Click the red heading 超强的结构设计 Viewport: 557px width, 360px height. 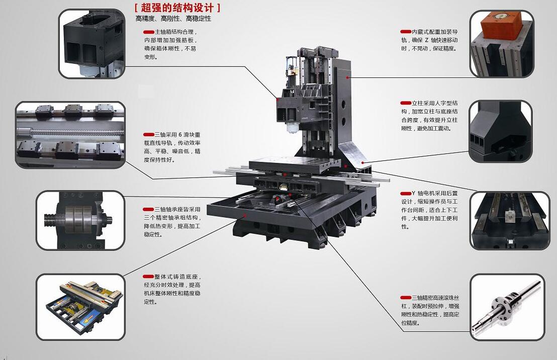(x=177, y=8)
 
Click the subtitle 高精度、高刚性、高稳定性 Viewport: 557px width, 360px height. (x=173, y=19)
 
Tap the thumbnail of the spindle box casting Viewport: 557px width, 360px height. (x=91, y=44)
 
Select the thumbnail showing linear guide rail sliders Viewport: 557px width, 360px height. (x=70, y=134)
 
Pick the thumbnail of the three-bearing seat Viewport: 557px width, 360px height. (x=80, y=220)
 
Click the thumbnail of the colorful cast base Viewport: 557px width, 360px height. (x=80, y=306)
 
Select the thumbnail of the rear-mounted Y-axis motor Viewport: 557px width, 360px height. (x=509, y=220)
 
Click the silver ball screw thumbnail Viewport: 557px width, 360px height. (x=507, y=306)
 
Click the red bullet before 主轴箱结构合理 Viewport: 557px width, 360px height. (x=148, y=32)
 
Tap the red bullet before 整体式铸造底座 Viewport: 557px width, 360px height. (x=148, y=277)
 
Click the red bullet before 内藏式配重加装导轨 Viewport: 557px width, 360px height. (x=406, y=32)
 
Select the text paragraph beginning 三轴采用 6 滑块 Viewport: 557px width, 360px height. (x=172, y=147)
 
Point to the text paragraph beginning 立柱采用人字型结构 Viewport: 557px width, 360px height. (x=429, y=115)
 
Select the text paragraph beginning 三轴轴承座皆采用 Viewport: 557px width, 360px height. (x=172, y=221)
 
